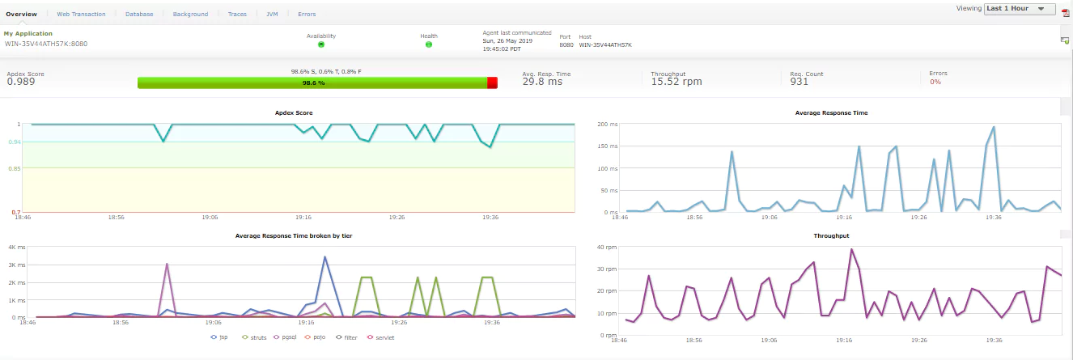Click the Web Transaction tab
(81, 15)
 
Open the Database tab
(139, 15)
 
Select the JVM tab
(272, 15)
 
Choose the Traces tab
(237, 15)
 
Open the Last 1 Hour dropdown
(1020, 9)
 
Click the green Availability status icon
(320, 44)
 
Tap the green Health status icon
(428, 44)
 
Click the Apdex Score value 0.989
(21, 82)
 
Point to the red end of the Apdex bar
(492, 83)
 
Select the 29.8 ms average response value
(542, 82)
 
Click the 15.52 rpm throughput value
(676, 82)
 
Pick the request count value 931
(799, 82)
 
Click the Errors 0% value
(935, 82)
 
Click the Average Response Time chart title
(831, 113)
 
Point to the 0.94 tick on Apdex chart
(15, 142)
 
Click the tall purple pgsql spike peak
(167, 264)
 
